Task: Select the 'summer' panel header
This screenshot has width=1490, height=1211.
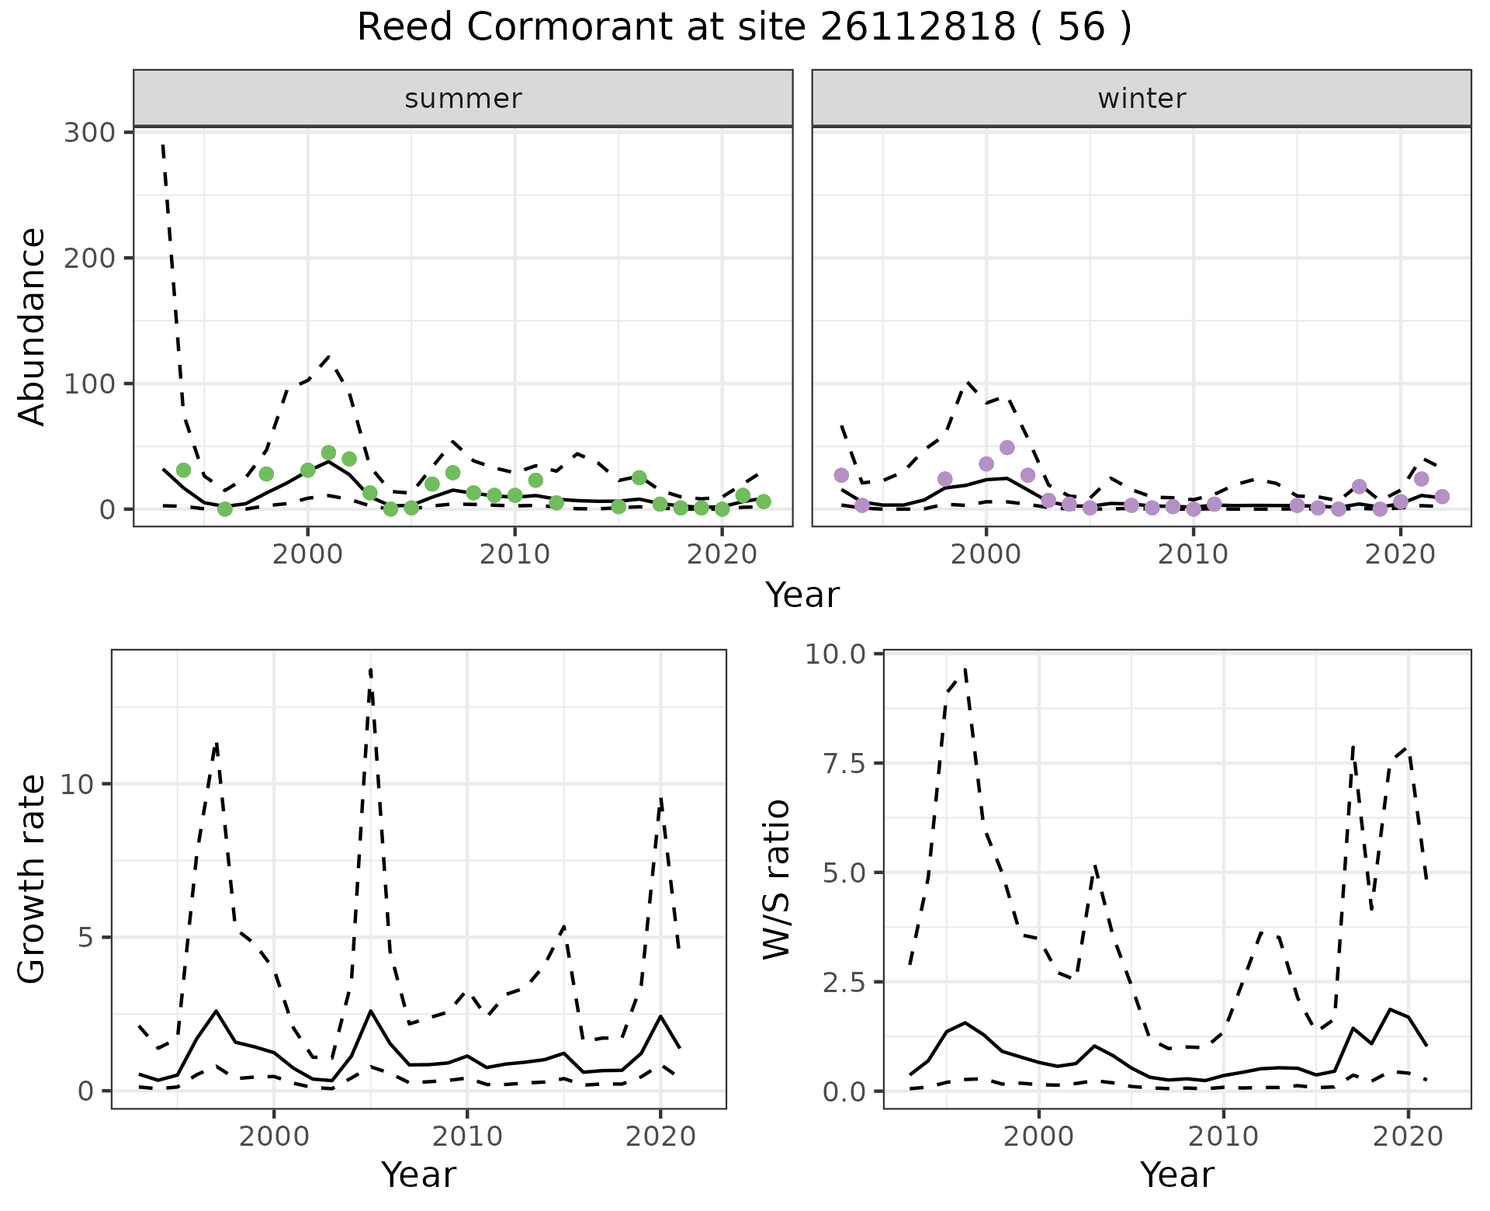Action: coord(463,99)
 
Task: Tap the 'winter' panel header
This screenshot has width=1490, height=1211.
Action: coord(1142,99)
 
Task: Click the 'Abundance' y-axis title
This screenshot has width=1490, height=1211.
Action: coord(33,326)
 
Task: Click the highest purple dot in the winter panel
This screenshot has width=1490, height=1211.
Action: coord(1007,448)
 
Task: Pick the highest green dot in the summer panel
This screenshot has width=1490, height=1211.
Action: coord(328,453)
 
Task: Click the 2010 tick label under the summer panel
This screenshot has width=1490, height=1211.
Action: coord(515,555)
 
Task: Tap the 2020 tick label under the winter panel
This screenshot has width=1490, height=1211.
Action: coord(1401,555)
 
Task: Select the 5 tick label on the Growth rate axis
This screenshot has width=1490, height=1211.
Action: coord(84,938)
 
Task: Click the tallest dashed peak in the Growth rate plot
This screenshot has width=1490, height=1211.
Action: coord(371,669)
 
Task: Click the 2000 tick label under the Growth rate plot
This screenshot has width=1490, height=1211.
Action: coord(274,1137)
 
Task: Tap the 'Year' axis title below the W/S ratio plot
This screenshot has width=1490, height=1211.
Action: coord(1176,1175)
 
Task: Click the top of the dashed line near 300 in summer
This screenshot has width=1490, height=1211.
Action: coord(163,145)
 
